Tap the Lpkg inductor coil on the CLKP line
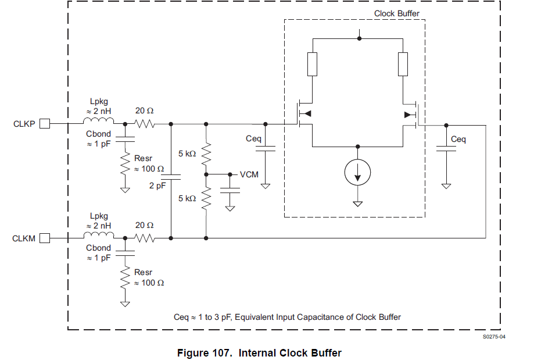coord(99,122)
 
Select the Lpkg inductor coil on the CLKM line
coord(99,236)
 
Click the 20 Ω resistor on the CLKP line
coord(144,124)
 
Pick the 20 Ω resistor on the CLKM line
coord(144,238)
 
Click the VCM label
coord(249,174)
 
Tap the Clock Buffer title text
coord(397,13)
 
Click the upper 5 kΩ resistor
coord(206,154)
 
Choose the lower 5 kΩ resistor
coord(206,198)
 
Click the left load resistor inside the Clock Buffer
coord(313,64)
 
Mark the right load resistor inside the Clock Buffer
coord(403,64)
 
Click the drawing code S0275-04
coord(493,337)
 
